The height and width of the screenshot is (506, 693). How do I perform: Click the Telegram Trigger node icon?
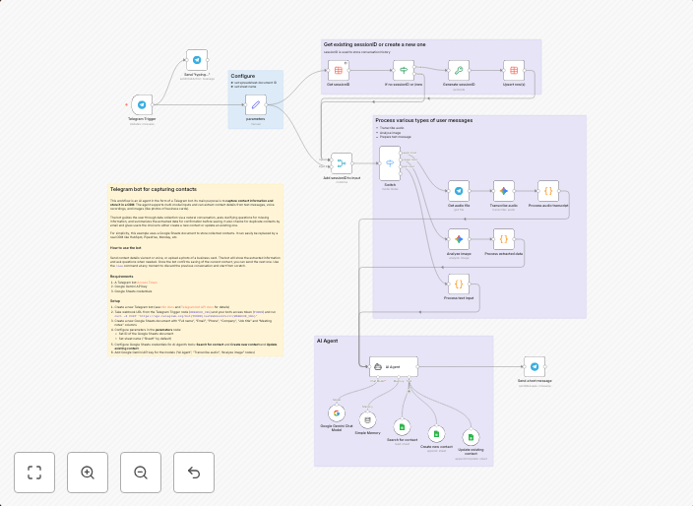142,104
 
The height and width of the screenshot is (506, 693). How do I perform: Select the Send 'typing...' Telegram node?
197,60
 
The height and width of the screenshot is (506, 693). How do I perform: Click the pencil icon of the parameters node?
255,104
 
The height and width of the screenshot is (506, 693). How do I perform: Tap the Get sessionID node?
338,71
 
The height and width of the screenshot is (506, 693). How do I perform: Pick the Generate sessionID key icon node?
457,71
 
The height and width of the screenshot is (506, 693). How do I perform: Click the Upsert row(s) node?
514,71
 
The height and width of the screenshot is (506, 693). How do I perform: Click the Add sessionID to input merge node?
342,164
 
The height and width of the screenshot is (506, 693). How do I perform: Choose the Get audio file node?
458,191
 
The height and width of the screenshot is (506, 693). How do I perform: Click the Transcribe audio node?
503,191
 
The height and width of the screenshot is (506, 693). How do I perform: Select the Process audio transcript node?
548,191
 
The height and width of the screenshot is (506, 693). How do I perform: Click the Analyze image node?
458,238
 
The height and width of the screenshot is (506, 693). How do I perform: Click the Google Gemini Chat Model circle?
336,413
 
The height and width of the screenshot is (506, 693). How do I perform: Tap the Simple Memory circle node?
367,420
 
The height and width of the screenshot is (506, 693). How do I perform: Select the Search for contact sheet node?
402,427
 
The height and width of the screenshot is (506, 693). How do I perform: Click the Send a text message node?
535,365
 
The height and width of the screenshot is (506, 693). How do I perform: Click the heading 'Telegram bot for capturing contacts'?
154,188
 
